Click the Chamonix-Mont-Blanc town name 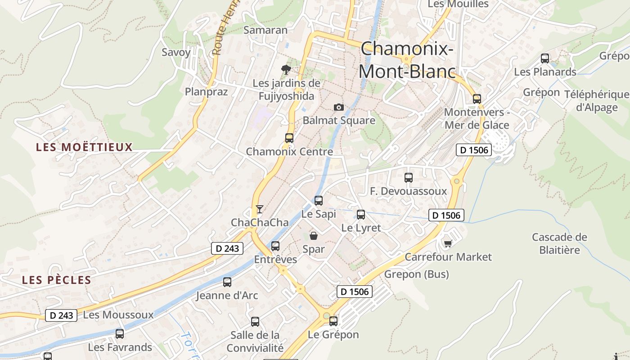407,60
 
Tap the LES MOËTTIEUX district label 85,147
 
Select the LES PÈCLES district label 57,280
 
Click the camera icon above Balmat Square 339,107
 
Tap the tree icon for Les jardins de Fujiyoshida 286,69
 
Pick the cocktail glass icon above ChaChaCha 259,209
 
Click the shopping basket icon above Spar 314,235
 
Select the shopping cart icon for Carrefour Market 448,243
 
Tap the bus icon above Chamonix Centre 289,138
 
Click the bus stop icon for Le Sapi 319,200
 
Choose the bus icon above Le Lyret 361,214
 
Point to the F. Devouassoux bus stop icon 409,177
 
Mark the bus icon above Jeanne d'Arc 227,282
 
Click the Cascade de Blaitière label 560,243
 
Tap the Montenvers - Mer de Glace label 477,118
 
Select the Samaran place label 265,30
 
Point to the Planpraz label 207,91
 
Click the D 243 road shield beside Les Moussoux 61,315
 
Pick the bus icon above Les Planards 545,58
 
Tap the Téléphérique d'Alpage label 597,101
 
